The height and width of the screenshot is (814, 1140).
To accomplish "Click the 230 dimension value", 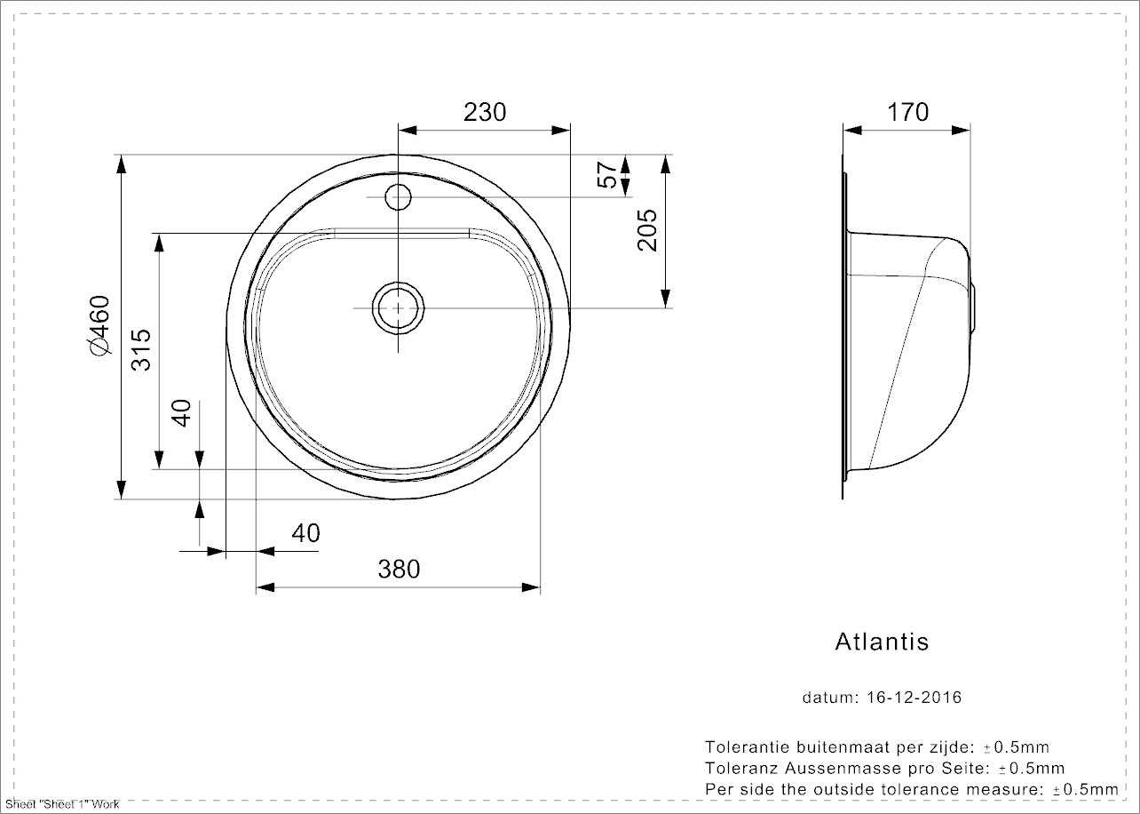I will (x=485, y=112).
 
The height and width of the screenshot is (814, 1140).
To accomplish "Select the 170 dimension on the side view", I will (x=907, y=112).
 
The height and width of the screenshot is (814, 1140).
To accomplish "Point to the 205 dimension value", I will (x=647, y=230).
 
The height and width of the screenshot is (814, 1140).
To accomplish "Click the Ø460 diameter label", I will (x=99, y=327).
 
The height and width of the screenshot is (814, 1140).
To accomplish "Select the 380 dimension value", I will (x=399, y=569).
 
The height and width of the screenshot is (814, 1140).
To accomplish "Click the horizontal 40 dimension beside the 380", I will (x=305, y=533).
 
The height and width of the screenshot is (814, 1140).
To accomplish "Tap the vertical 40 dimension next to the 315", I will (x=181, y=413).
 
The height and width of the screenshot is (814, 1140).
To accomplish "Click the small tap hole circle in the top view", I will (x=398, y=195).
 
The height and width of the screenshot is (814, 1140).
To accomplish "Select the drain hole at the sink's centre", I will (x=398, y=307).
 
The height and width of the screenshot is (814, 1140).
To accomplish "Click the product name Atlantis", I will (x=882, y=642).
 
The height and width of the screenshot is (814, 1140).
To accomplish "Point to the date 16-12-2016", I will (x=913, y=698).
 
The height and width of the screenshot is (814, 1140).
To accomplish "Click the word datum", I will (x=827, y=698).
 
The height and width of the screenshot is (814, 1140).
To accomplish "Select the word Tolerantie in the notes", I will (x=743, y=747).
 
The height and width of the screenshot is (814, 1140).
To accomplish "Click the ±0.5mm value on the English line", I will (x=1085, y=789).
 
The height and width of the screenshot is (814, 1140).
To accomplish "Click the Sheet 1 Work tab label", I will (x=61, y=804).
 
